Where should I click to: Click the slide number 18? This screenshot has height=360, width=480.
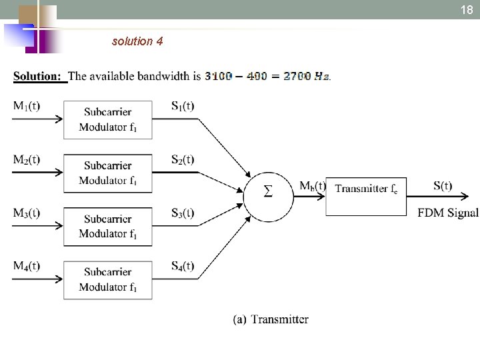467,10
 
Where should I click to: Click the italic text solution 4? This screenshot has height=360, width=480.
137,41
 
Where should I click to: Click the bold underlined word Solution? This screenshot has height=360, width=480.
38,76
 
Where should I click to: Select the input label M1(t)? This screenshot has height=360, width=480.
27,105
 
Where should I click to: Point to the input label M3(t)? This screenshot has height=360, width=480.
27,213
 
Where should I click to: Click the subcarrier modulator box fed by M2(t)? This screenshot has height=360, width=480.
108,173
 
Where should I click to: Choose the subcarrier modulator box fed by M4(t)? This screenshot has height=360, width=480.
108,279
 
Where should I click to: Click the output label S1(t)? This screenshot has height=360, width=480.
183,105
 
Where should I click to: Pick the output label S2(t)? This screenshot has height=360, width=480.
183,159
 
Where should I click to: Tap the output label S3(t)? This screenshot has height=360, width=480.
183,213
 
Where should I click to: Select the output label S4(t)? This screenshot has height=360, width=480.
183,266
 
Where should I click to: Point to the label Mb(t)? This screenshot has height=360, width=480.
312,186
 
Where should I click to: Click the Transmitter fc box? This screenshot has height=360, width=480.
366,189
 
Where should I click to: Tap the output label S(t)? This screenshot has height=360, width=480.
443,186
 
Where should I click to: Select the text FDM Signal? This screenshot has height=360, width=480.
448,213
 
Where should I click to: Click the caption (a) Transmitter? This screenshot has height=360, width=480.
271,319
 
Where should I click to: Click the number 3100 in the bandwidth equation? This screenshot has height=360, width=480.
219,76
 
